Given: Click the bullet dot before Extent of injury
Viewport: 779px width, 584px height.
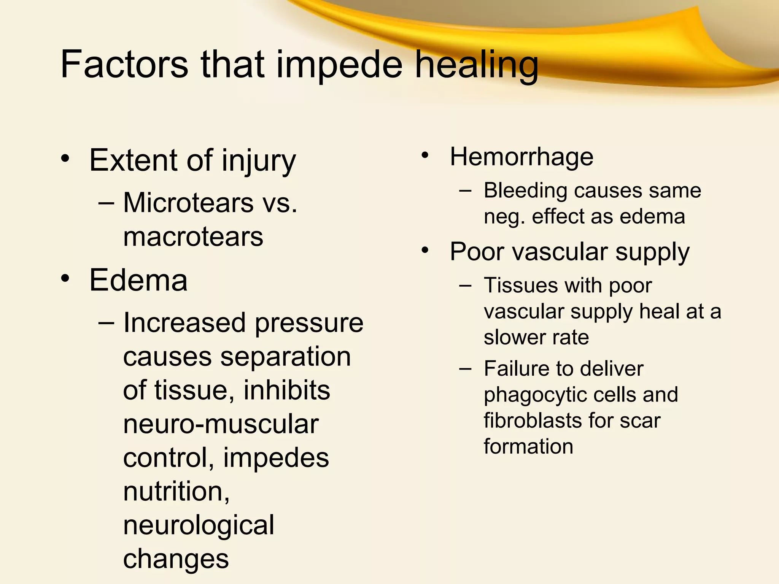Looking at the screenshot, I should pyautogui.click(x=65, y=159).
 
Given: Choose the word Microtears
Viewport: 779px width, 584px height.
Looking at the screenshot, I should pyautogui.click(x=188, y=202).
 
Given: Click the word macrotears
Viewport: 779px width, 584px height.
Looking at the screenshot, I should pyautogui.click(x=193, y=236).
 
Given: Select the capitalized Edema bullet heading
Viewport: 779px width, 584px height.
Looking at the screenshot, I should pyautogui.click(x=138, y=280).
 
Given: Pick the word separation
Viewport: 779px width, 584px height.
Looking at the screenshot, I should pyautogui.click(x=285, y=357).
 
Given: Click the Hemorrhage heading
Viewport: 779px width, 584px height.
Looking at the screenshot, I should pyautogui.click(x=521, y=157).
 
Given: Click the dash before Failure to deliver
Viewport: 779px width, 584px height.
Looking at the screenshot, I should pyautogui.click(x=465, y=368).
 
